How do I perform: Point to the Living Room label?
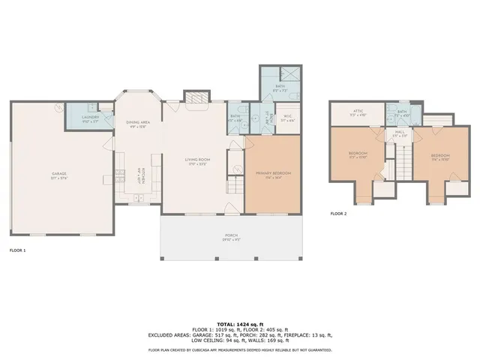click(x=196, y=160)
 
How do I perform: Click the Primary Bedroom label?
click(x=273, y=174)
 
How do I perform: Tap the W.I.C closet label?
click(x=286, y=118)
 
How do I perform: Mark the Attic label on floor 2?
click(x=358, y=113)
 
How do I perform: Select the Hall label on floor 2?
click(x=400, y=133)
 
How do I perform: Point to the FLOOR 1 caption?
click(x=17, y=250)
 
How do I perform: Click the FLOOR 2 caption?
click(x=338, y=213)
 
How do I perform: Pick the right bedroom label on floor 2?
click(x=439, y=157)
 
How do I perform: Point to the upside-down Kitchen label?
click(x=139, y=174)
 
